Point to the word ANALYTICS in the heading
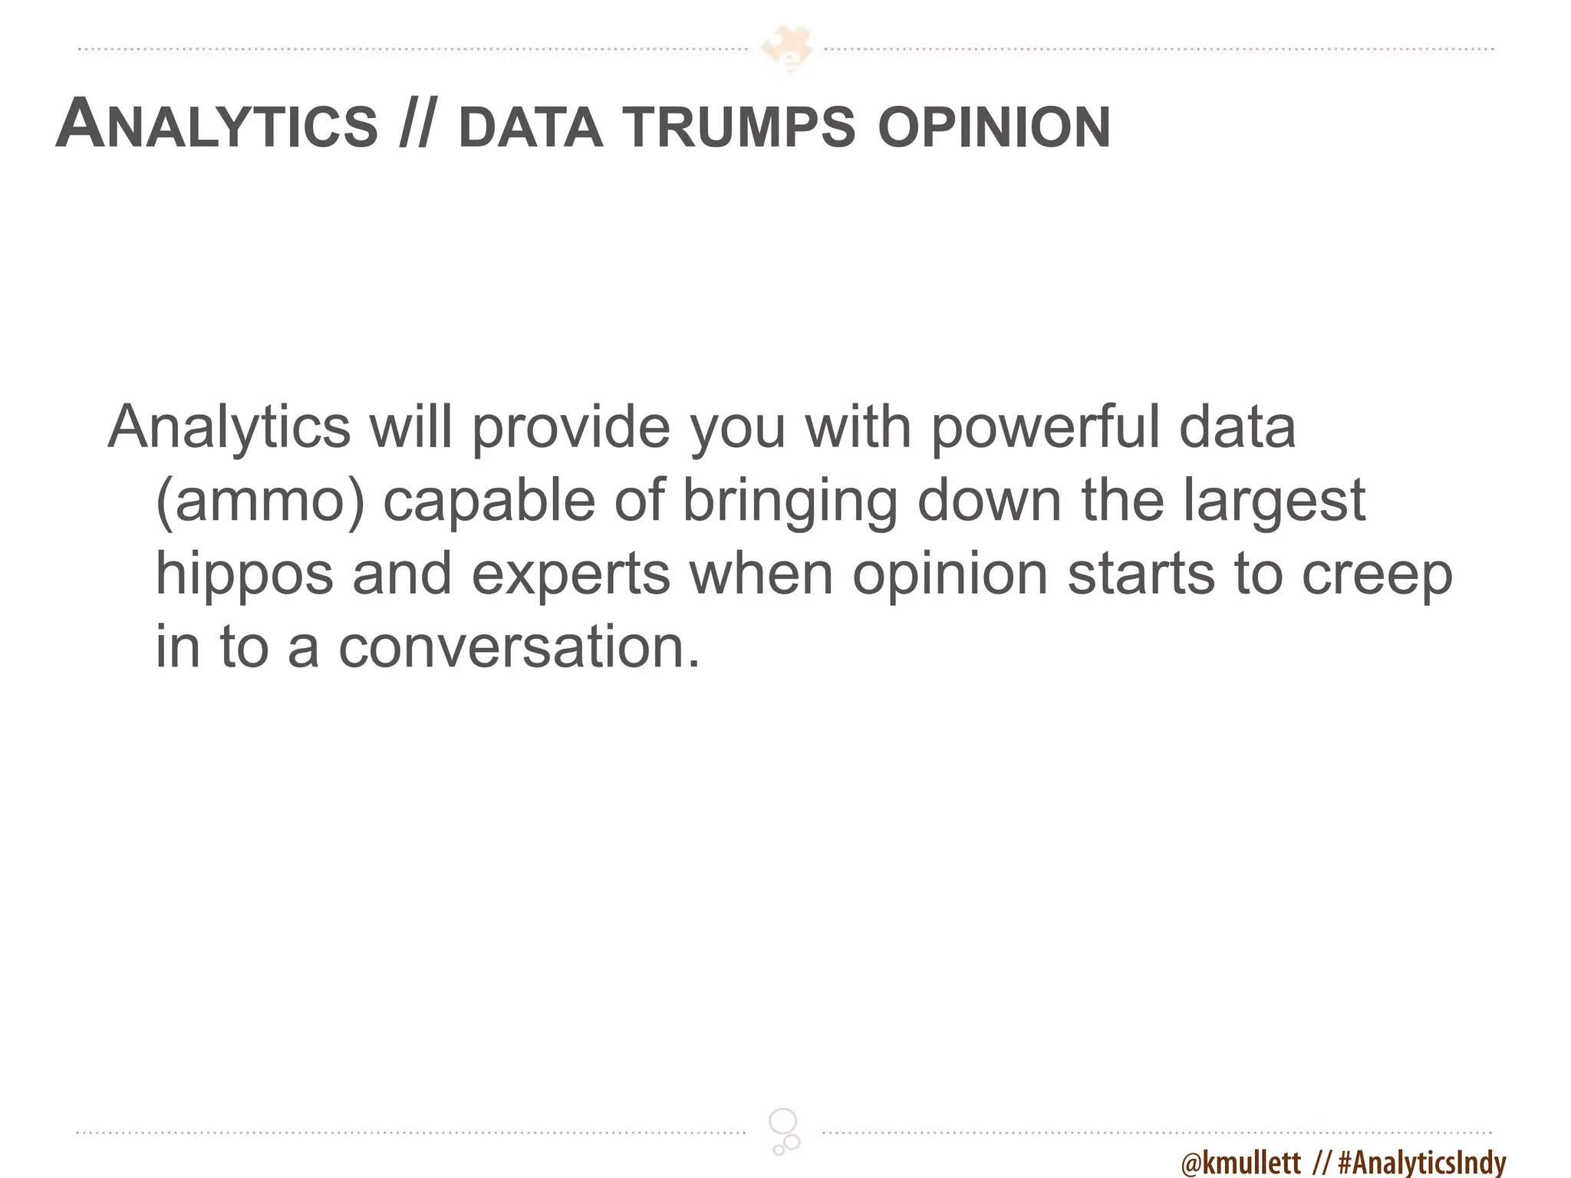coord(217,125)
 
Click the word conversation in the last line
coord(519,647)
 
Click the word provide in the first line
coord(571,428)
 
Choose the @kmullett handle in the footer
coord(1240,1163)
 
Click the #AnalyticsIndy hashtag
coord(1421,1163)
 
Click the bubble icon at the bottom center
coord(785,1131)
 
